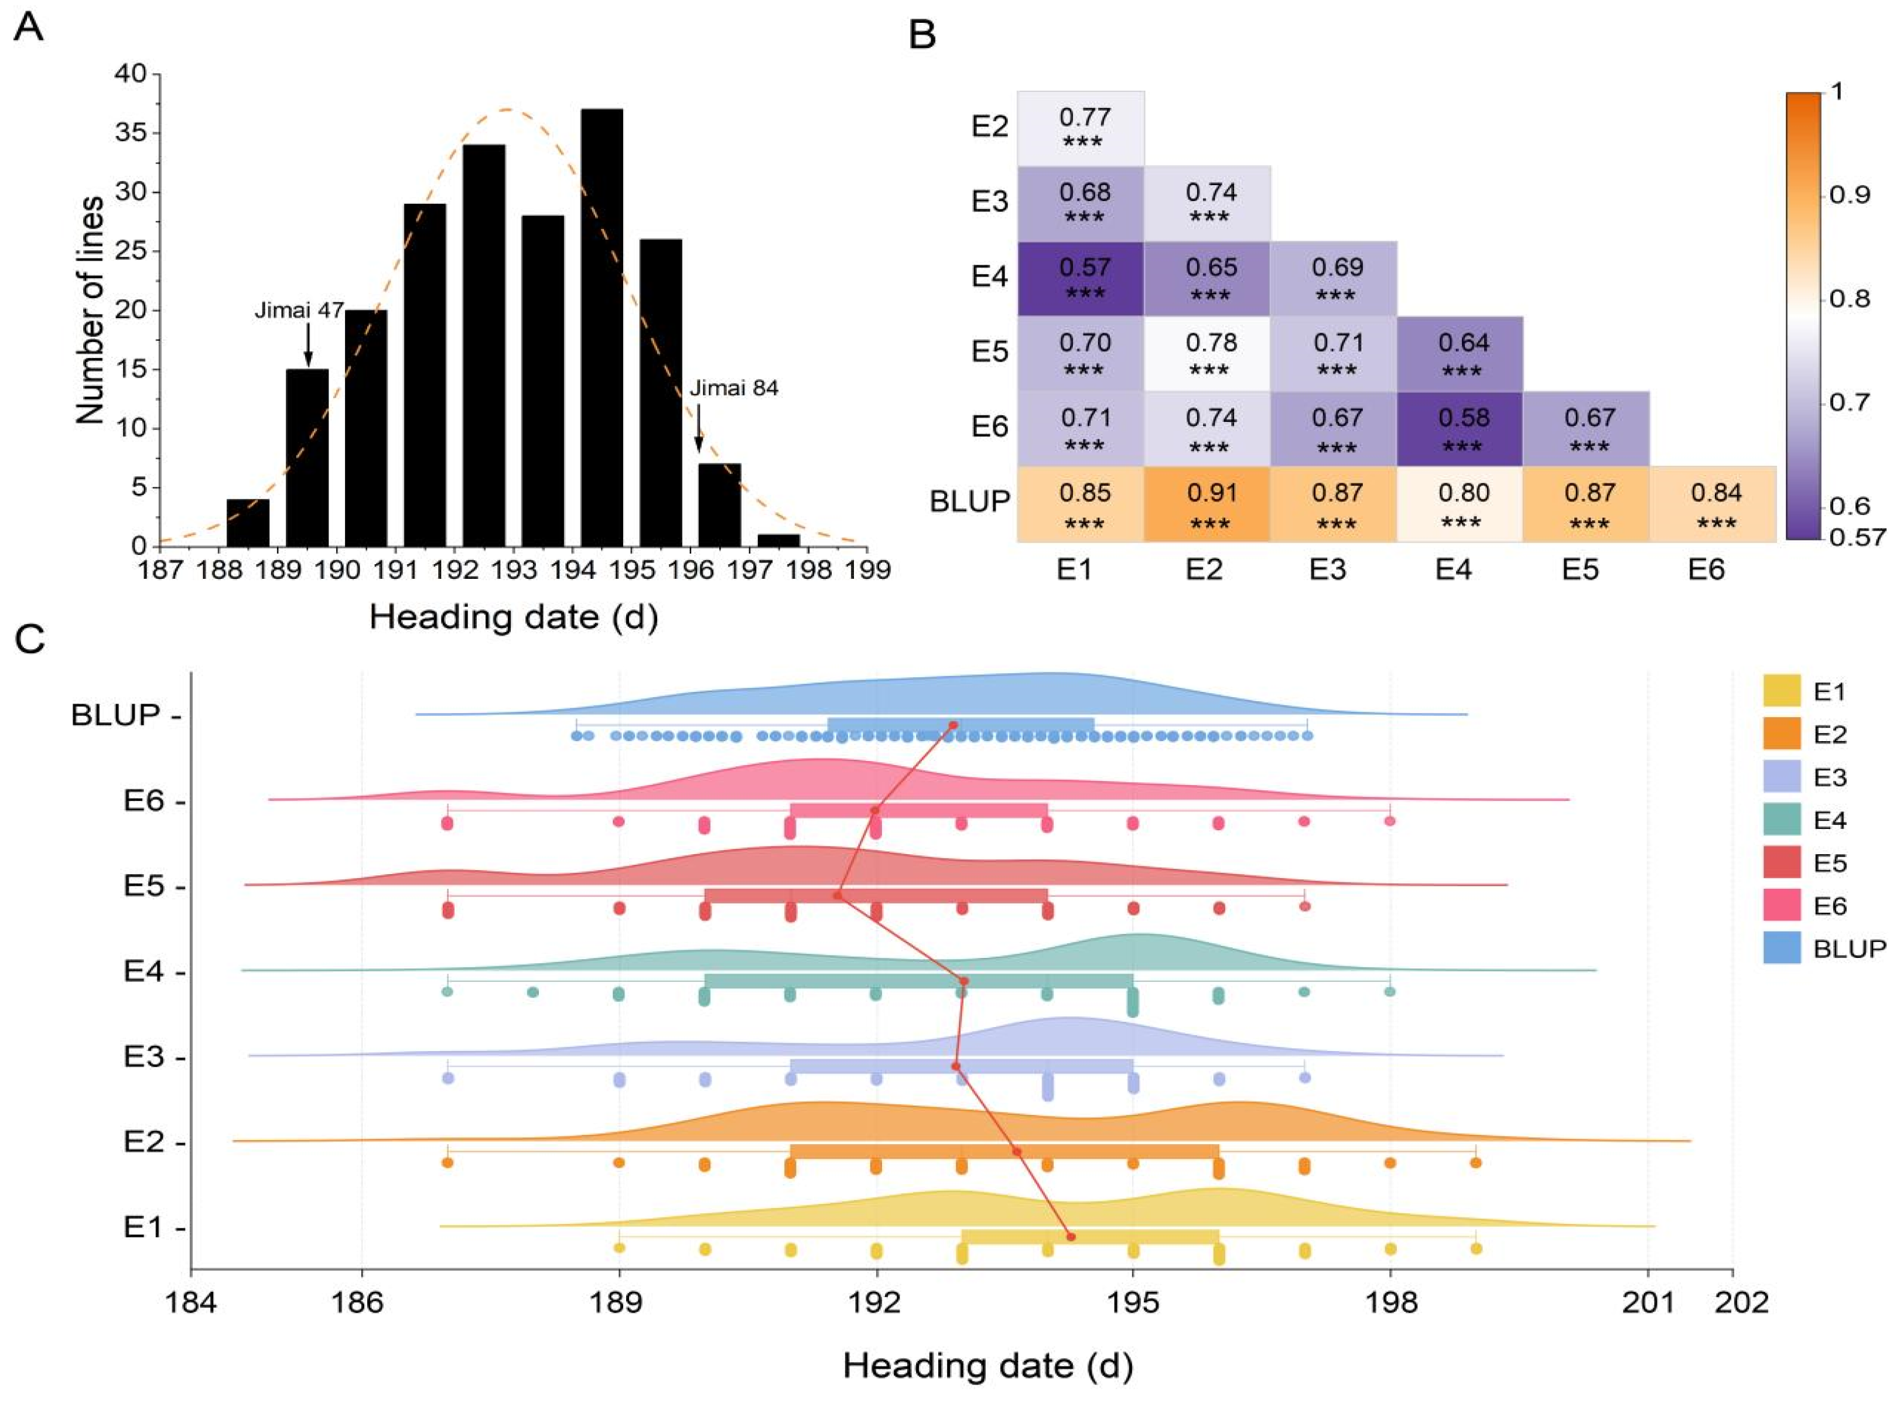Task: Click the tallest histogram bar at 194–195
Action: tap(602, 327)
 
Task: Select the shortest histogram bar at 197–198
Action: tap(778, 540)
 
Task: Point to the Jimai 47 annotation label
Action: tap(299, 311)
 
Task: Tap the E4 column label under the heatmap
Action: tap(1453, 569)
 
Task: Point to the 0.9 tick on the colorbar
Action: tap(1849, 195)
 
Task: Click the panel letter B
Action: tap(922, 36)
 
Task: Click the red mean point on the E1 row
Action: tap(1071, 1237)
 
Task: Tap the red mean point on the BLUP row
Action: tap(952, 725)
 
